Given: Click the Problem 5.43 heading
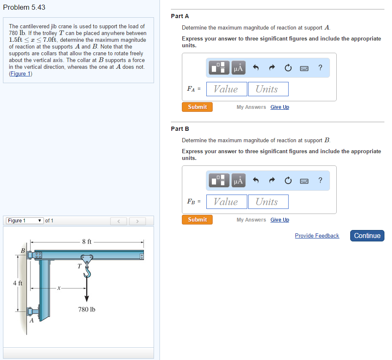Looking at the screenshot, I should point(24,7).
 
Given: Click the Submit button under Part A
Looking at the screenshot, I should point(197,107).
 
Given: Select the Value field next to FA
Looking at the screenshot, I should point(226,89).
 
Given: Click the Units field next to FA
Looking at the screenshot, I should point(268,89).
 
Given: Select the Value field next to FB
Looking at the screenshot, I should point(226,202).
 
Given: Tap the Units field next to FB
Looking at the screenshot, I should point(268,202).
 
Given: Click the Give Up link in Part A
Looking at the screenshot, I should point(280,107).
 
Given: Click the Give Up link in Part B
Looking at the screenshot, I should point(280,220).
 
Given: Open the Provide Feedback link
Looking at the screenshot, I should point(317,236).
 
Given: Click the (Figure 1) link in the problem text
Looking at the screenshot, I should point(21,74).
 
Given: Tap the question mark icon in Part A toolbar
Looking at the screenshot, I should point(320,68).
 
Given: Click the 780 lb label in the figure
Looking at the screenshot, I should point(87,309).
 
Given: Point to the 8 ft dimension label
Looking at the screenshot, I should point(87,242).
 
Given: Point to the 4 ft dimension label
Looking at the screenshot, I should point(18,283).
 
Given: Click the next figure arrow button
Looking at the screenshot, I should point(137,221).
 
